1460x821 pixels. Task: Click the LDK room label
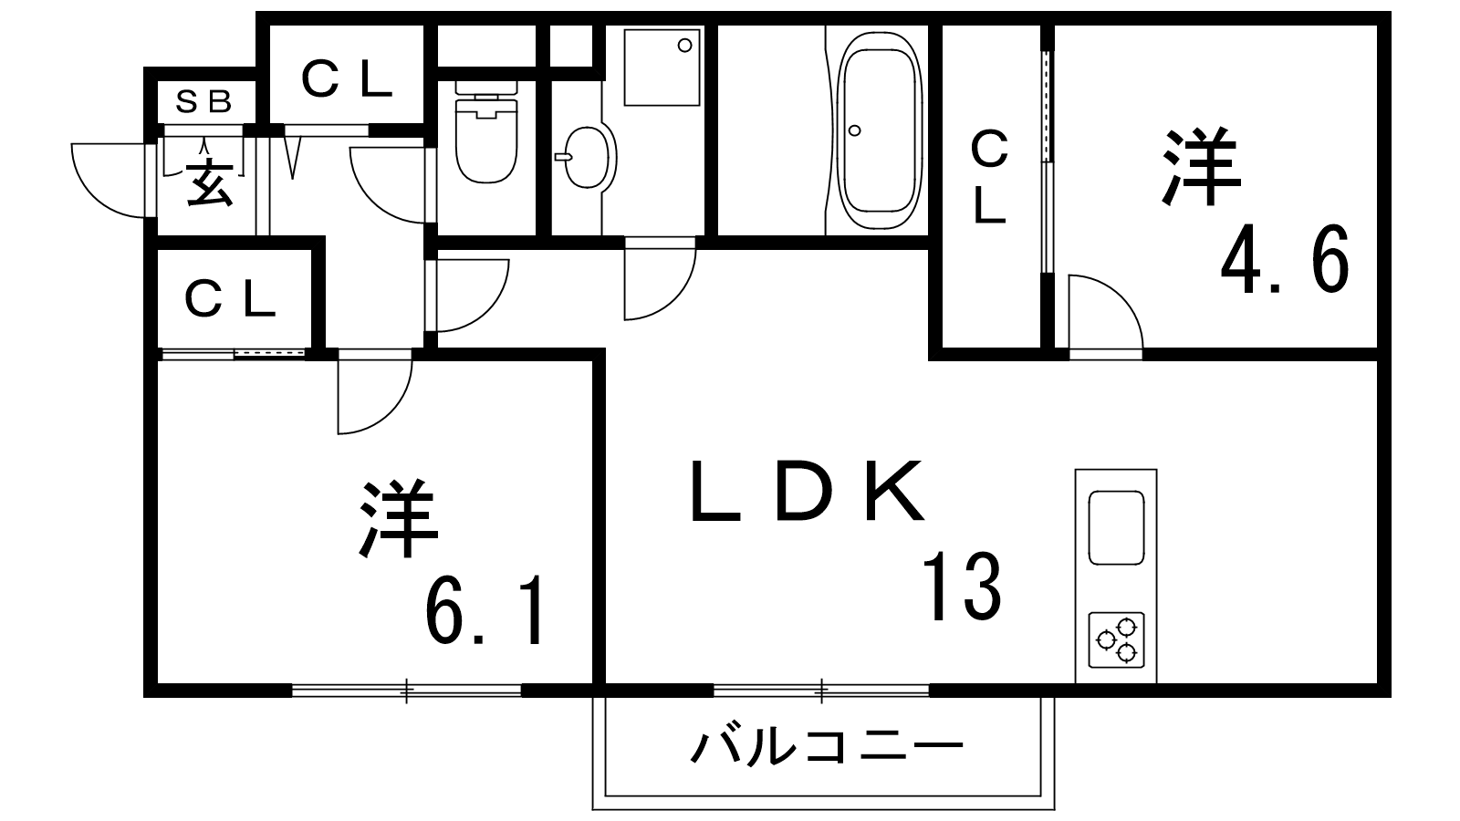pyautogui.click(x=807, y=492)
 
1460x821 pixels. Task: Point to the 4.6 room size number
pyautogui.click(x=1284, y=259)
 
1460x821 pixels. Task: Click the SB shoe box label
pyautogui.click(x=204, y=101)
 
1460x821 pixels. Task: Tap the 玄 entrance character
pyautogui.click(x=210, y=183)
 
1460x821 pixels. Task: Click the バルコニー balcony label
pyautogui.click(x=827, y=747)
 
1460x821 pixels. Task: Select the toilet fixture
pyautogui.click(x=485, y=131)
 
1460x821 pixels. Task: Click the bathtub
pyautogui.click(x=880, y=130)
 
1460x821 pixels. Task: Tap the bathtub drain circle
pyautogui.click(x=855, y=130)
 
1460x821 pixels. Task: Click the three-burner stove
pyautogui.click(x=1117, y=639)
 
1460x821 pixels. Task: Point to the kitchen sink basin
pyautogui.click(x=1117, y=528)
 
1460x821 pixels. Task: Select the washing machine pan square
pyautogui.click(x=662, y=67)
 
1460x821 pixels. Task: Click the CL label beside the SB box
pyautogui.click(x=346, y=79)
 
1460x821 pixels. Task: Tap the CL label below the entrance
pyautogui.click(x=229, y=300)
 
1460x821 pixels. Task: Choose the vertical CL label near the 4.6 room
pyautogui.click(x=989, y=177)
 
